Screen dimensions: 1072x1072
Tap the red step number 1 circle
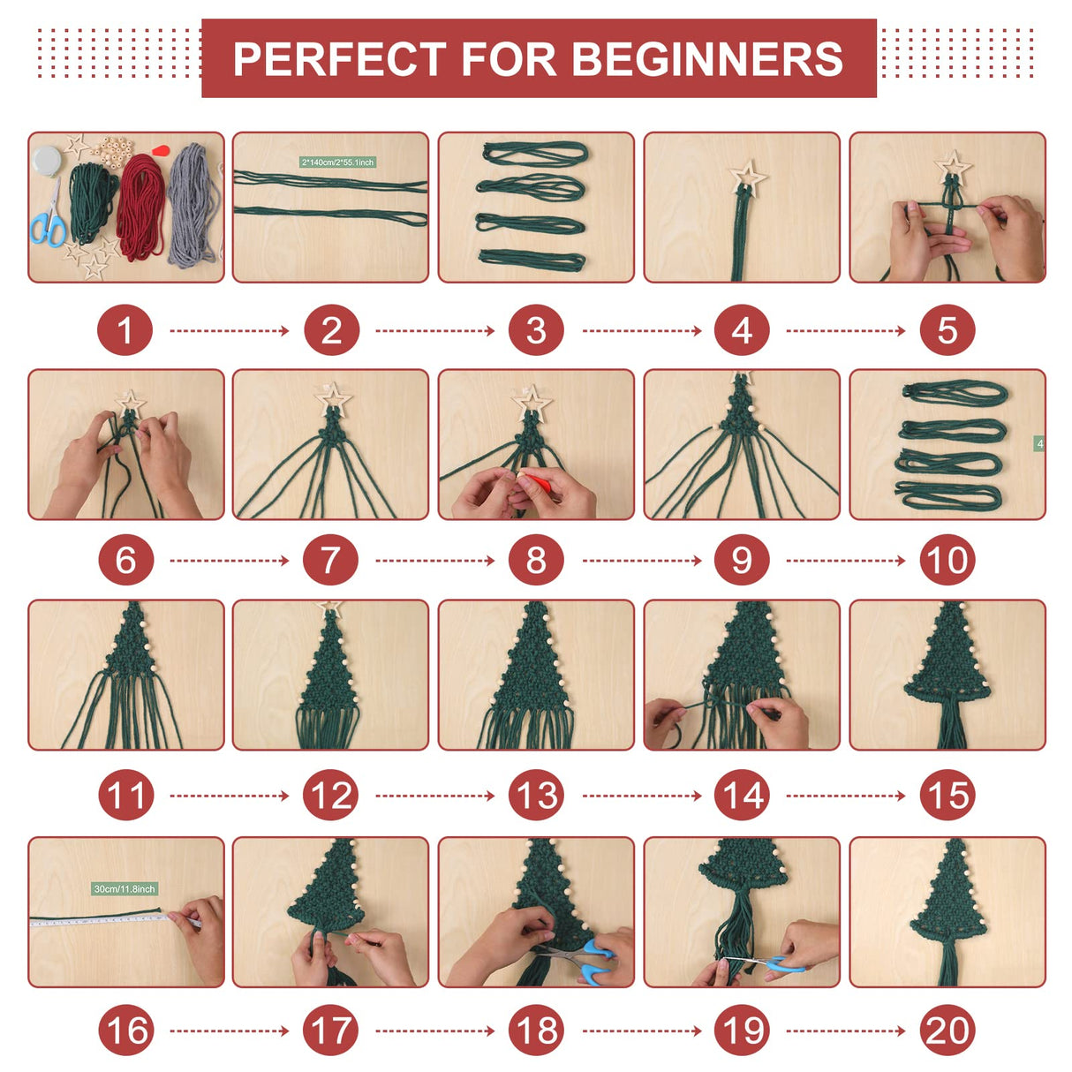[x=125, y=330]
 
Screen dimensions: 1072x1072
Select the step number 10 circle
[x=947, y=560]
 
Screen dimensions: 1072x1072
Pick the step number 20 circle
[x=947, y=1030]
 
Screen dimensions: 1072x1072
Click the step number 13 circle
[x=536, y=796]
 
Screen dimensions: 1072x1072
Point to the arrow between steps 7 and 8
[x=434, y=560]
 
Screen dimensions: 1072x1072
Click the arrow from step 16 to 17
[x=229, y=1030]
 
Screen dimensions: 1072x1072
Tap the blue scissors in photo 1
[x=49, y=223]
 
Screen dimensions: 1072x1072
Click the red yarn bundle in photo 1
[x=141, y=208]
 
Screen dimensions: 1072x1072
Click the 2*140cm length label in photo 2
[x=338, y=162]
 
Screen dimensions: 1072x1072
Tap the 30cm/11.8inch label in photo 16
[x=125, y=888]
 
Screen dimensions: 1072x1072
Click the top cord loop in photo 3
[x=535, y=153]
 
